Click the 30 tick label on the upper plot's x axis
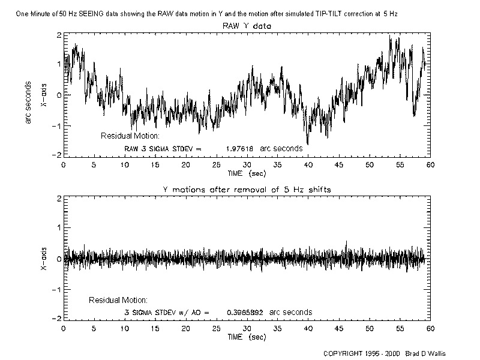coord(247,165)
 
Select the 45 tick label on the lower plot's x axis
coord(339,329)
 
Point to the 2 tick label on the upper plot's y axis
coord(58,35)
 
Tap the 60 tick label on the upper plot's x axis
coord(431,165)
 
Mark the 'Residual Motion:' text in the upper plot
coord(130,136)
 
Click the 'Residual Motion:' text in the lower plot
coord(118,299)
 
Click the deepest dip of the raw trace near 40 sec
coord(308,144)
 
